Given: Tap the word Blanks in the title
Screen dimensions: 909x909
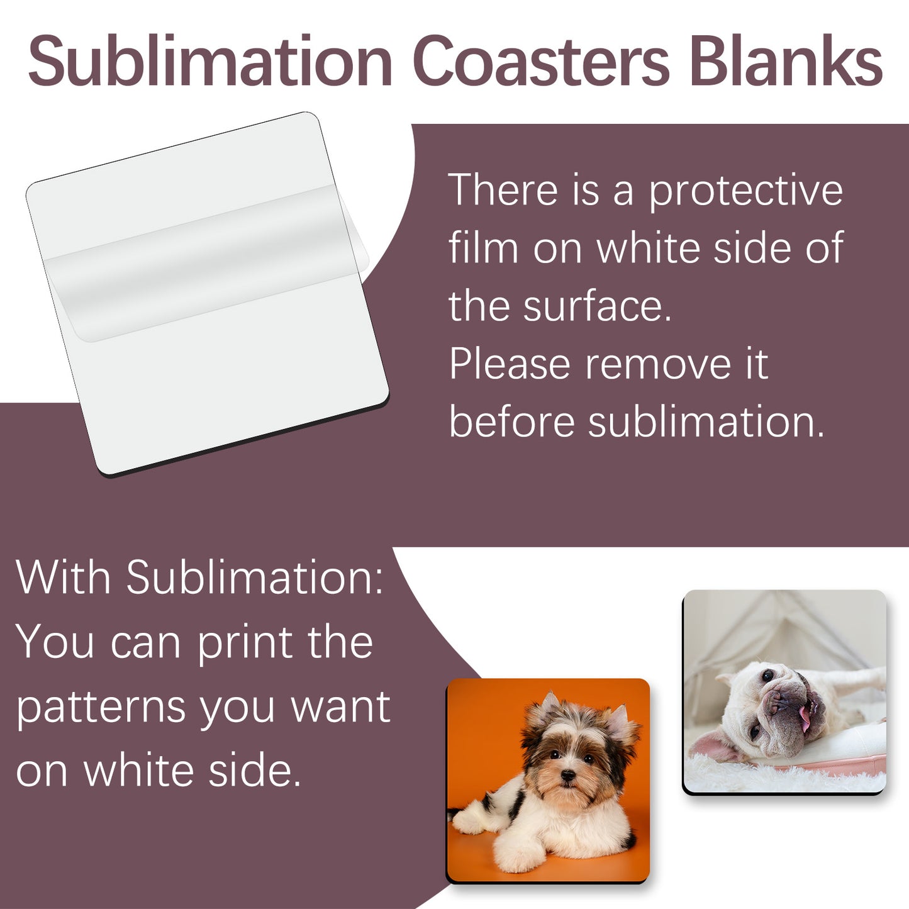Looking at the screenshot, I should [786, 61].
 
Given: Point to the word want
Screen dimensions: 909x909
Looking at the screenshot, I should [340, 708].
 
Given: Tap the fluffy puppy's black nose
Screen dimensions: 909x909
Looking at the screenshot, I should [568, 777].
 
